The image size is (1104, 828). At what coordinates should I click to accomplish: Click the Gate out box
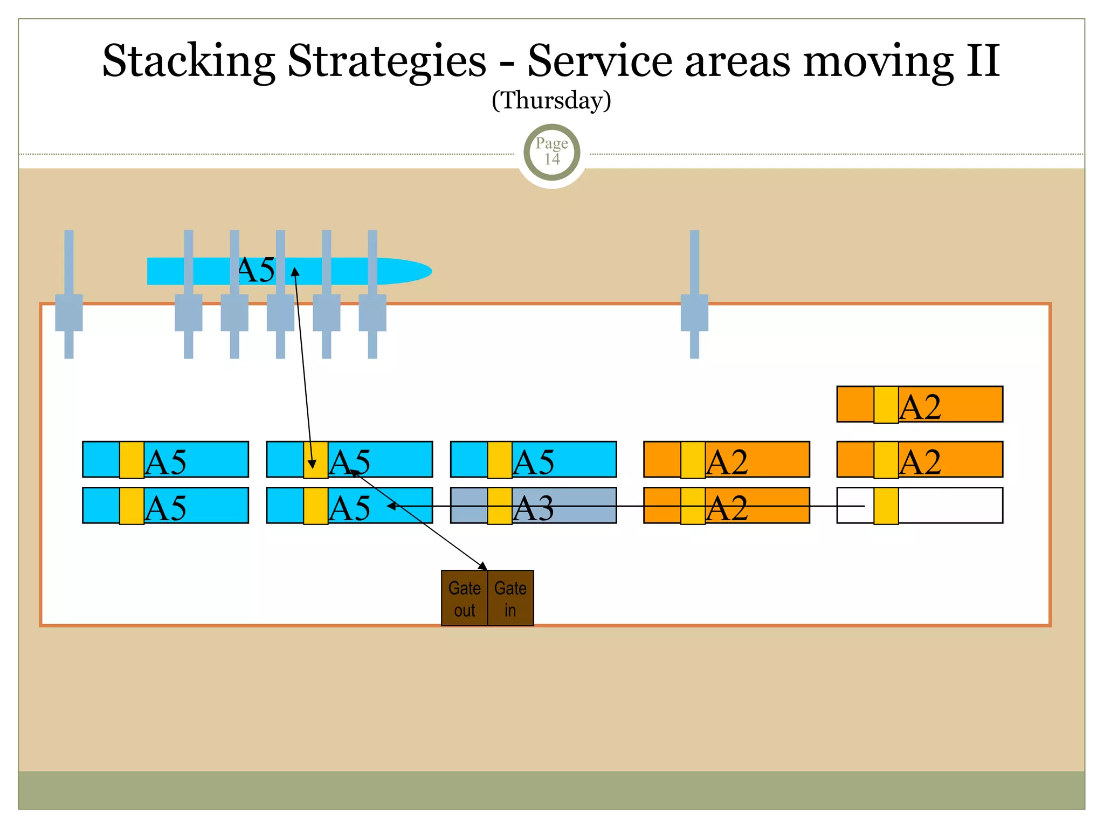point(464,598)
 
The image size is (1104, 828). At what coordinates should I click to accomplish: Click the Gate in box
point(510,598)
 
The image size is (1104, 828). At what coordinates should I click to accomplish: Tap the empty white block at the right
point(949,505)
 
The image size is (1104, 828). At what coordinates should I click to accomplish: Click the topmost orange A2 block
point(949,404)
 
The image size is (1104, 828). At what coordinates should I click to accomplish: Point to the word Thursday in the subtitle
point(551,101)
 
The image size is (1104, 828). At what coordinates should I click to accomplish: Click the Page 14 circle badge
point(551,152)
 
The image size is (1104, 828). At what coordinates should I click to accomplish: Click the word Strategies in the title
point(387,60)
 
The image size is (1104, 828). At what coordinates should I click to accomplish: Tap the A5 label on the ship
point(257,270)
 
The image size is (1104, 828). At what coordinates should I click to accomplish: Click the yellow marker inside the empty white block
point(886,506)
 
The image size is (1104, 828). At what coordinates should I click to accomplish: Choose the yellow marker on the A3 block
point(500,506)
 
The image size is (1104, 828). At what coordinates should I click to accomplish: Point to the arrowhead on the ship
point(295,271)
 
